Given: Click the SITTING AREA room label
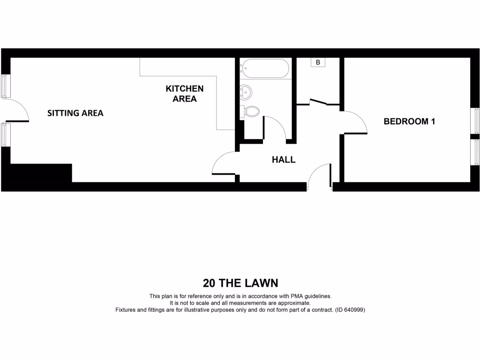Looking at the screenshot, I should [x=75, y=113].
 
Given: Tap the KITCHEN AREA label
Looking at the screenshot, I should [x=185, y=94].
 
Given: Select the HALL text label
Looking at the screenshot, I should [x=284, y=159].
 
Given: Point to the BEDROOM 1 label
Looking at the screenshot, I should [x=409, y=121].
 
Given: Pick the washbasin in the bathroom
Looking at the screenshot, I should [x=246, y=92].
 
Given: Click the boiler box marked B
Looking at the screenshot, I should [x=318, y=62].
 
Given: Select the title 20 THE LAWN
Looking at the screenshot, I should [x=240, y=283].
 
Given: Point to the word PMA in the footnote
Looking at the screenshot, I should [x=297, y=296].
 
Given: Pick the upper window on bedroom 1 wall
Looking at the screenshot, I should [x=475, y=121].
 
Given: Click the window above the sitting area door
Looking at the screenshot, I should [x=5, y=86].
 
